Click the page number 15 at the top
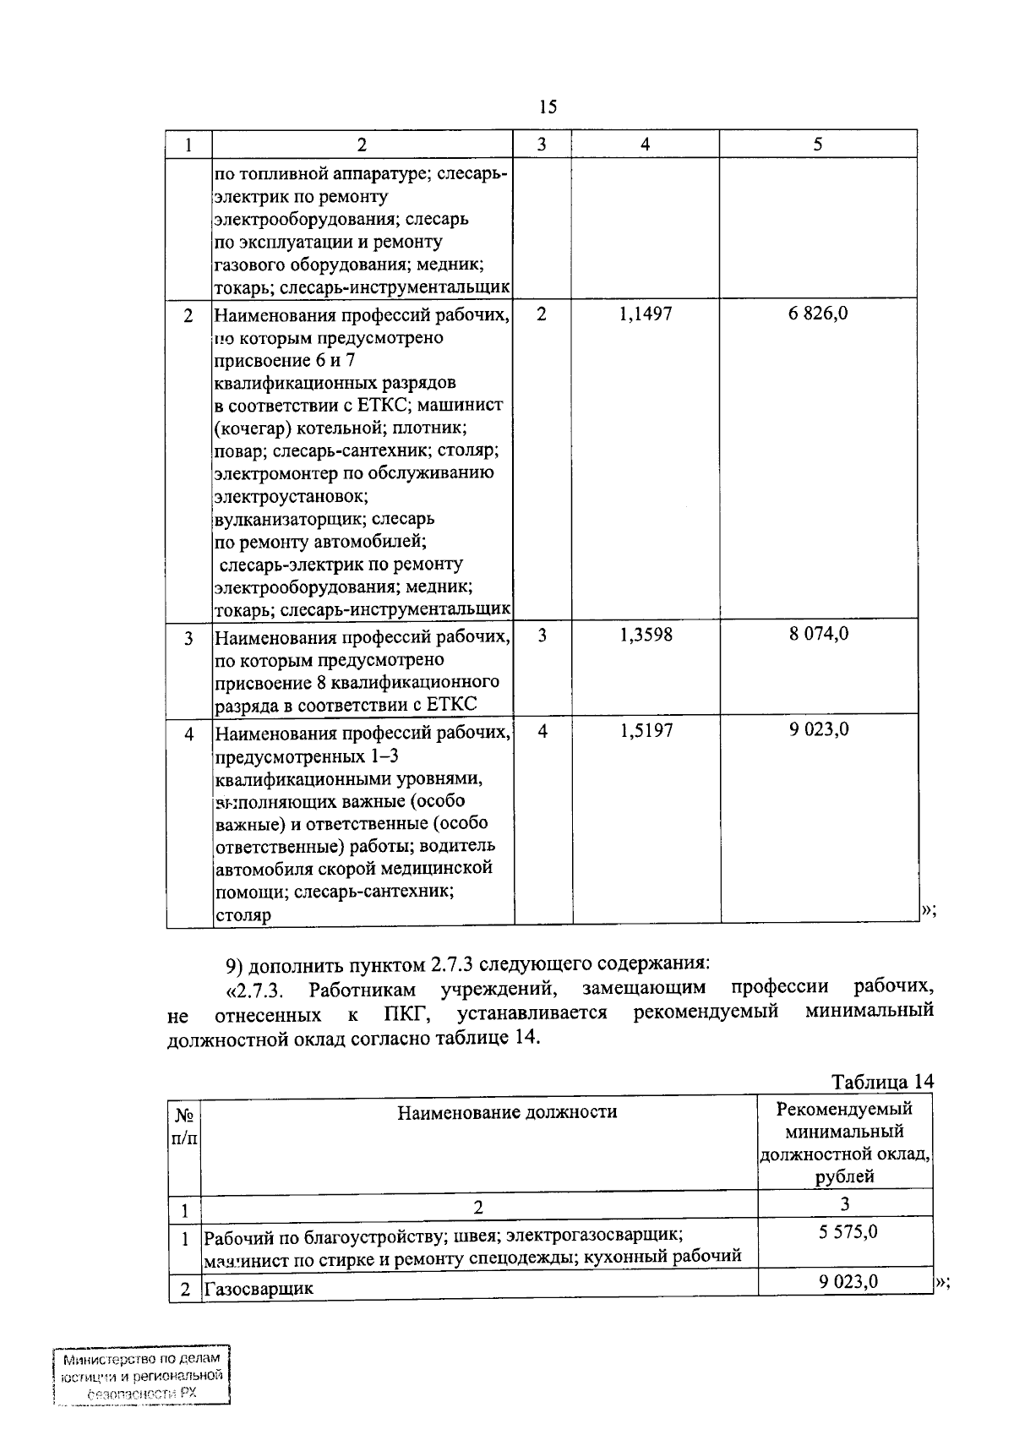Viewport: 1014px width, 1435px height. (x=547, y=106)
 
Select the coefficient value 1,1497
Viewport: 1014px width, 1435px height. (x=646, y=314)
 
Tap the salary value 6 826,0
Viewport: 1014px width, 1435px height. (x=818, y=314)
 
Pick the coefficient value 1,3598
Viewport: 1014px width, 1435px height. (x=646, y=635)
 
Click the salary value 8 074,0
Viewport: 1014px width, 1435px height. (x=818, y=634)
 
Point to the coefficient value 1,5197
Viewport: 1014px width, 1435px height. (x=646, y=730)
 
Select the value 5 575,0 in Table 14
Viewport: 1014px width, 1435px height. (x=848, y=1232)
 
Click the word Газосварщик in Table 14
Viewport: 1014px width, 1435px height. (x=259, y=1289)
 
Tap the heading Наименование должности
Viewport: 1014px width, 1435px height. (x=507, y=1112)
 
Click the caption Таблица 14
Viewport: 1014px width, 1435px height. (x=882, y=1082)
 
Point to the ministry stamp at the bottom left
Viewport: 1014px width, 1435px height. (x=141, y=1377)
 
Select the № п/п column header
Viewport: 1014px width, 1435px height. (x=184, y=1127)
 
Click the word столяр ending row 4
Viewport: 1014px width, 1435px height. (x=243, y=915)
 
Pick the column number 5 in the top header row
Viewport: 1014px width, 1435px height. (x=818, y=145)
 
